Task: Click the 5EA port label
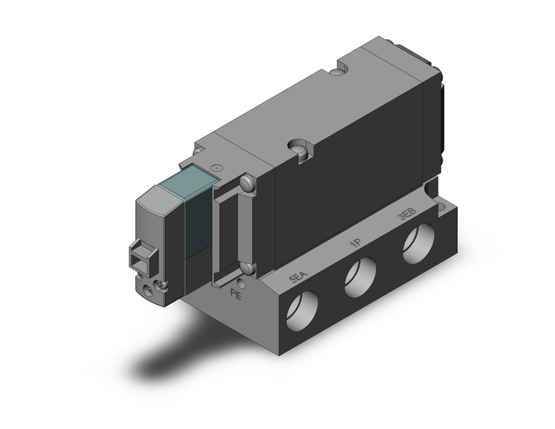pos(296,278)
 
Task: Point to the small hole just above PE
pos(240,281)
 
